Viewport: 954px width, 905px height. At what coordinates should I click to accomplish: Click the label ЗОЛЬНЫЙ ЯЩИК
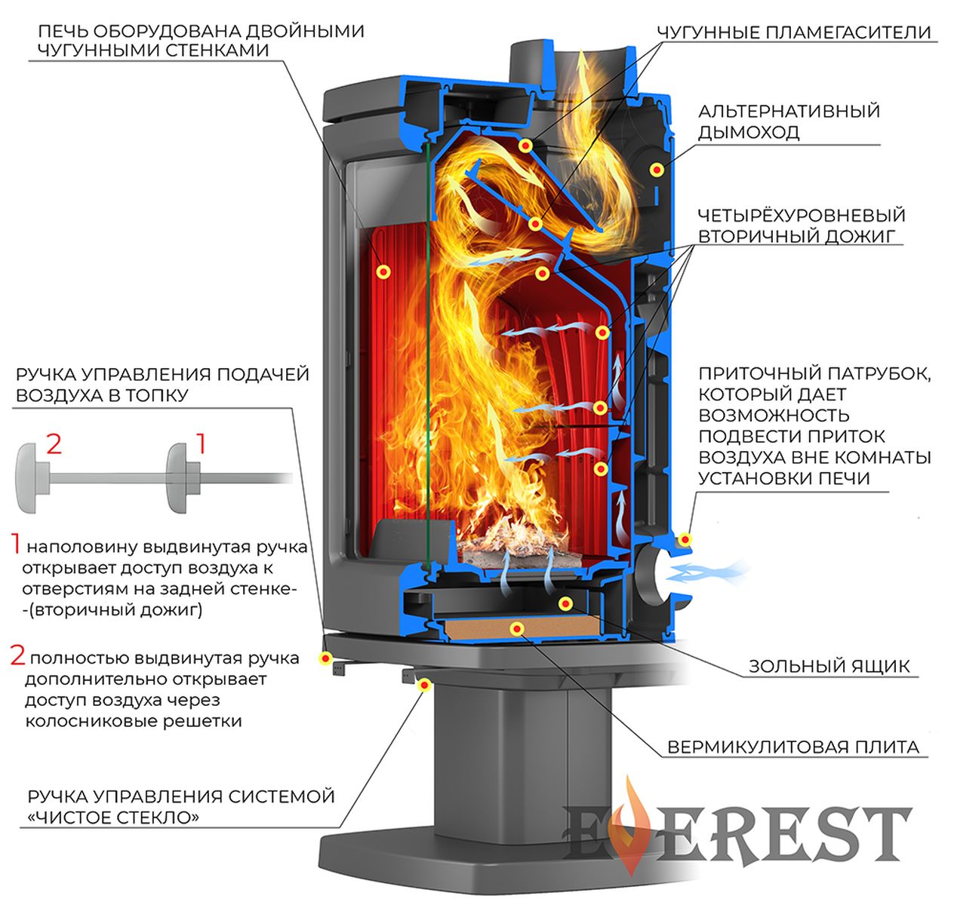(x=828, y=667)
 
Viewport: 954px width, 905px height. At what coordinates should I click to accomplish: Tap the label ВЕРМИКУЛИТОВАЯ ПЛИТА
(x=793, y=747)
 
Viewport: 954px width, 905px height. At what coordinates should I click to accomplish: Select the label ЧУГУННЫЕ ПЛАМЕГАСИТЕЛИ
(x=794, y=32)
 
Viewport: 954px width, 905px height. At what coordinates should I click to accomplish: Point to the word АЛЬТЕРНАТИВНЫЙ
(x=789, y=111)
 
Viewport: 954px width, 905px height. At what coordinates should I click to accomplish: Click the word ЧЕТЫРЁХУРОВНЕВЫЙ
(x=802, y=215)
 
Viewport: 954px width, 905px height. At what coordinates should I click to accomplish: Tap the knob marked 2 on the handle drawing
(x=33, y=477)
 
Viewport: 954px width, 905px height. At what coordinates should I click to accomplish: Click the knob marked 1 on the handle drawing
(x=183, y=477)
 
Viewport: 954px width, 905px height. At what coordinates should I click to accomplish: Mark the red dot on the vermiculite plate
(x=517, y=629)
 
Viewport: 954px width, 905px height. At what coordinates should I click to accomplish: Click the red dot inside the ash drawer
(x=565, y=603)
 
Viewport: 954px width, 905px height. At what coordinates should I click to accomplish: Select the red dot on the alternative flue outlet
(x=657, y=169)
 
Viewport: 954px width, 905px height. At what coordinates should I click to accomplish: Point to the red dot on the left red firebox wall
(x=383, y=271)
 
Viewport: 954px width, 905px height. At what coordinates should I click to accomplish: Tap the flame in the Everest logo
(x=630, y=824)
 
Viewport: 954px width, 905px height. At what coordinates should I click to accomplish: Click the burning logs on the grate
(x=515, y=543)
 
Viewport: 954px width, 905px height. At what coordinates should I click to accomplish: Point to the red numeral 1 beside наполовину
(x=17, y=543)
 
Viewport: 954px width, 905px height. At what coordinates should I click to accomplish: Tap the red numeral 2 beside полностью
(x=18, y=655)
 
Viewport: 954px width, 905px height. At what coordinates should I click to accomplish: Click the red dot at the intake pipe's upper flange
(x=685, y=538)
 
